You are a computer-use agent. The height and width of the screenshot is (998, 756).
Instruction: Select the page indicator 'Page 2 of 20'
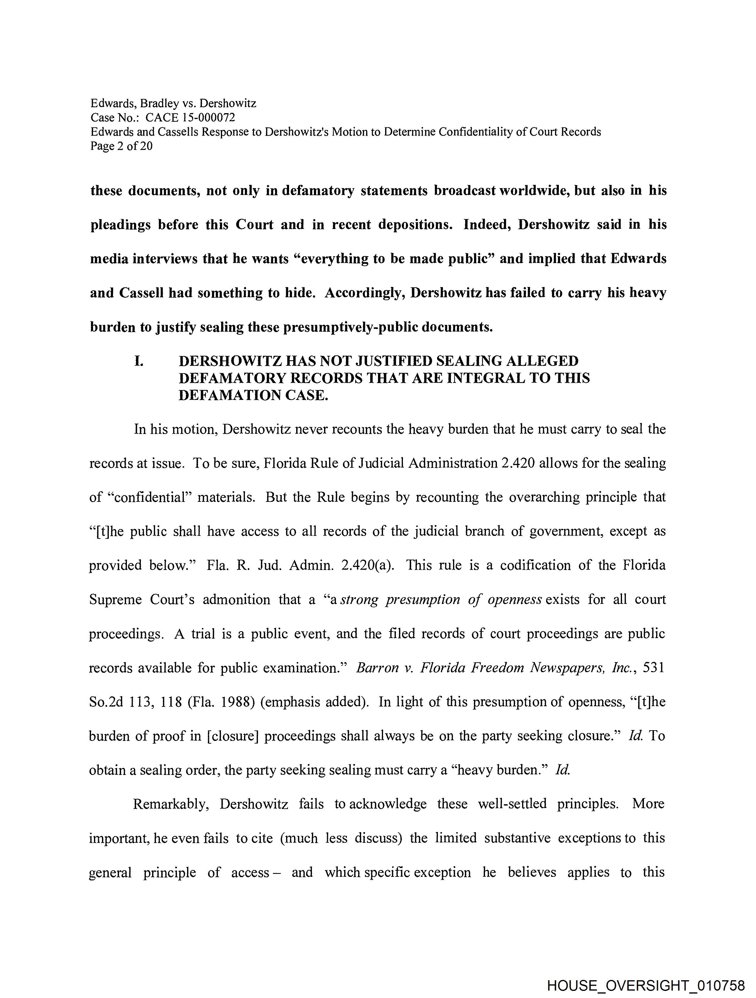click(x=122, y=146)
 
